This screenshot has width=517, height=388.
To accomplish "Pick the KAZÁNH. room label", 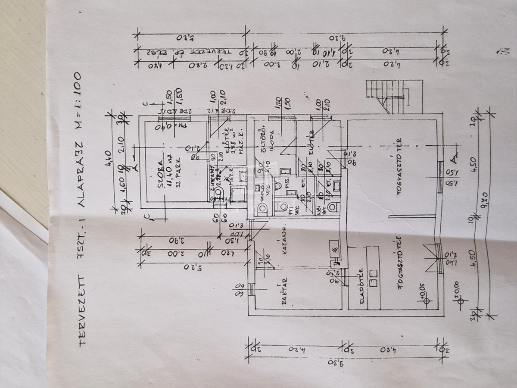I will [x=285, y=244].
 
